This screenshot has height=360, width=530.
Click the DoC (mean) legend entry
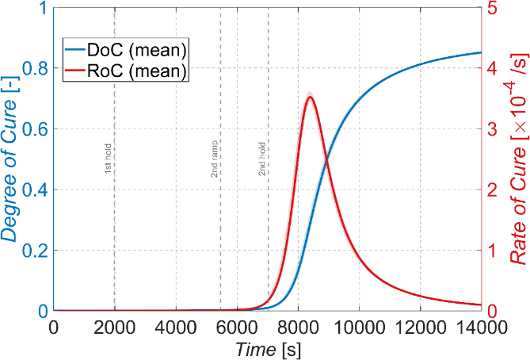pyautogui.click(x=126, y=50)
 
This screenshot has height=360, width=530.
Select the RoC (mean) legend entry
pyautogui.click(x=126, y=71)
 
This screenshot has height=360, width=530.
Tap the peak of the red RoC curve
pyautogui.click(x=310, y=98)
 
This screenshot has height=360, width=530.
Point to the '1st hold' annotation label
pyautogui.click(x=108, y=159)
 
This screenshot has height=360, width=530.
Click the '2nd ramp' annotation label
pyautogui.click(x=215, y=159)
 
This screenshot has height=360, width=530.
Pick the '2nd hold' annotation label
pyautogui.click(x=262, y=159)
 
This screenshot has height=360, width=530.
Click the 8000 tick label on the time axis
pyautogui.click(x=299, y=327)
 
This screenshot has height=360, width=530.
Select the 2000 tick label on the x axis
pyautogui.click(x=115, y=327)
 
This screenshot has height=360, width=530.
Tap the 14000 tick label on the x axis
pyautogui.click(x=482, y=327)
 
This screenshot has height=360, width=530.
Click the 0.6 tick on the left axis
pyautogui.click(x=35, y=129)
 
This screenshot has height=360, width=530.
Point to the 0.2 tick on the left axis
pyautogui.click(x=35, y=251)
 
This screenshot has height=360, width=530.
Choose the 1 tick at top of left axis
pyautogui.click(x=44, y=8)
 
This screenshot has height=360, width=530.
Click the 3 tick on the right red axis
pyautogui.click(x=493, y=129)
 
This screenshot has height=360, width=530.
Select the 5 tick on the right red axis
pyautogui.click(x=493, y=8)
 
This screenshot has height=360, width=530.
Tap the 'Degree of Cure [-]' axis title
pyautogui.click(x=10, y=159)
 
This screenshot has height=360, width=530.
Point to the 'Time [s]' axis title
pyautogui.click(x=268, y=349)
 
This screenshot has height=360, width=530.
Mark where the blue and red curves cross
pyautogui.click(x=326, y=160)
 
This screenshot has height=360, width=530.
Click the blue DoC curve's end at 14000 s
pyautogui.click(x=481, y=52)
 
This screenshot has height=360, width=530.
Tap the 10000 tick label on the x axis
pyautogui.click(x=360, y=327)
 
